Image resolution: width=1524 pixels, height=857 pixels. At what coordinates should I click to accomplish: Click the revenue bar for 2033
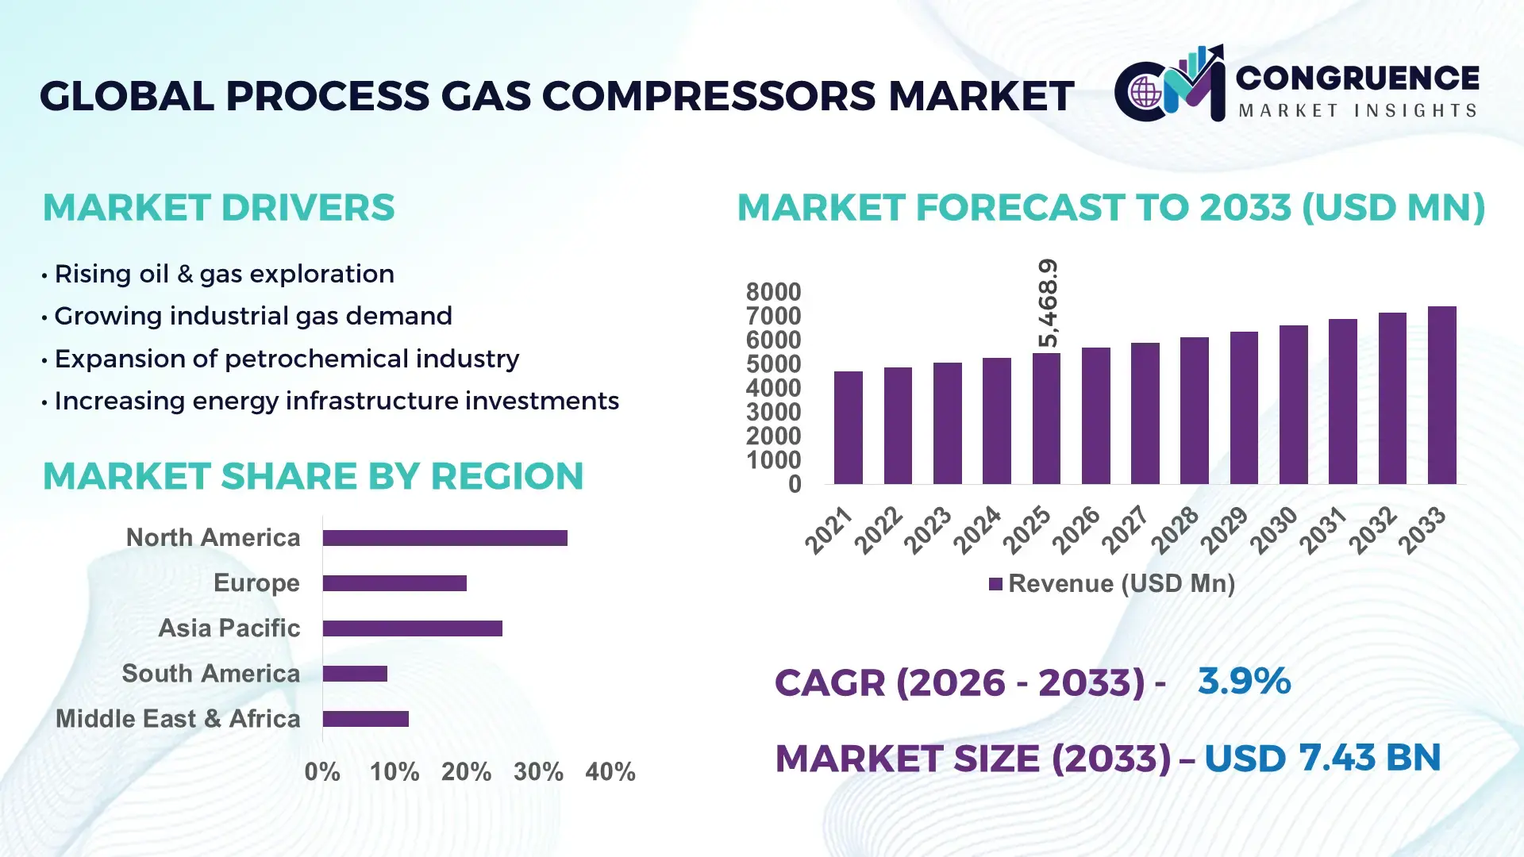coord(1441,395)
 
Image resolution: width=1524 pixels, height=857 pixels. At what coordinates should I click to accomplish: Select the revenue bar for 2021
coord(848,428)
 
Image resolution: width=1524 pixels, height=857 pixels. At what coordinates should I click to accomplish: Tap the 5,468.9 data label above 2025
coord(1048,303)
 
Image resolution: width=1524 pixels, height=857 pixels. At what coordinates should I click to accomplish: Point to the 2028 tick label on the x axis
coord(1175,530)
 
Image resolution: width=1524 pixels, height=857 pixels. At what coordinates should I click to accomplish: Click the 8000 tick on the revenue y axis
coord(773,292)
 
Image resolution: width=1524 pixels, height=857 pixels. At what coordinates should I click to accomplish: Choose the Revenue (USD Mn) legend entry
coord(1111,584)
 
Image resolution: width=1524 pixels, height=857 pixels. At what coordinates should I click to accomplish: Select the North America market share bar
coord(444,538)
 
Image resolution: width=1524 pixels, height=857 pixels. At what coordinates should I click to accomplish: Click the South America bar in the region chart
coord(355,674)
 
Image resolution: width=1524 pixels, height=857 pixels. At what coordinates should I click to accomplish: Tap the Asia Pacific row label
coord(229,628)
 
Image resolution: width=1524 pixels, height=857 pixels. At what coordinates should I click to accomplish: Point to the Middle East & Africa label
coord(178,719)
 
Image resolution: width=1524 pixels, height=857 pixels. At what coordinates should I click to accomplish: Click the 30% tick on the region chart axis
coord(538,772)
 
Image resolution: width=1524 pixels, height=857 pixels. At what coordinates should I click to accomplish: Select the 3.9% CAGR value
coord(1244,681)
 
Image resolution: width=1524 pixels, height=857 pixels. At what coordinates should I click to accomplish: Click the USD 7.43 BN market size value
coord(1322,758)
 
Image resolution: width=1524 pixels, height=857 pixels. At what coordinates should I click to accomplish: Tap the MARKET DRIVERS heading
coord(218,208)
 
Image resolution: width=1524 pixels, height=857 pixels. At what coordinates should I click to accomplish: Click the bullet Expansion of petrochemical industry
coord(286,359)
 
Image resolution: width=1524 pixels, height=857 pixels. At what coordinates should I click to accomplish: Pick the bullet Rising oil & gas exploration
coord(224,274)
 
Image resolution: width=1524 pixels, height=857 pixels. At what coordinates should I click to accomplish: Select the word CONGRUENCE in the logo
coord(1357,78)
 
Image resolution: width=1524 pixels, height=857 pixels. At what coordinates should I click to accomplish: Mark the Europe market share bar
coord(394,583)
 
